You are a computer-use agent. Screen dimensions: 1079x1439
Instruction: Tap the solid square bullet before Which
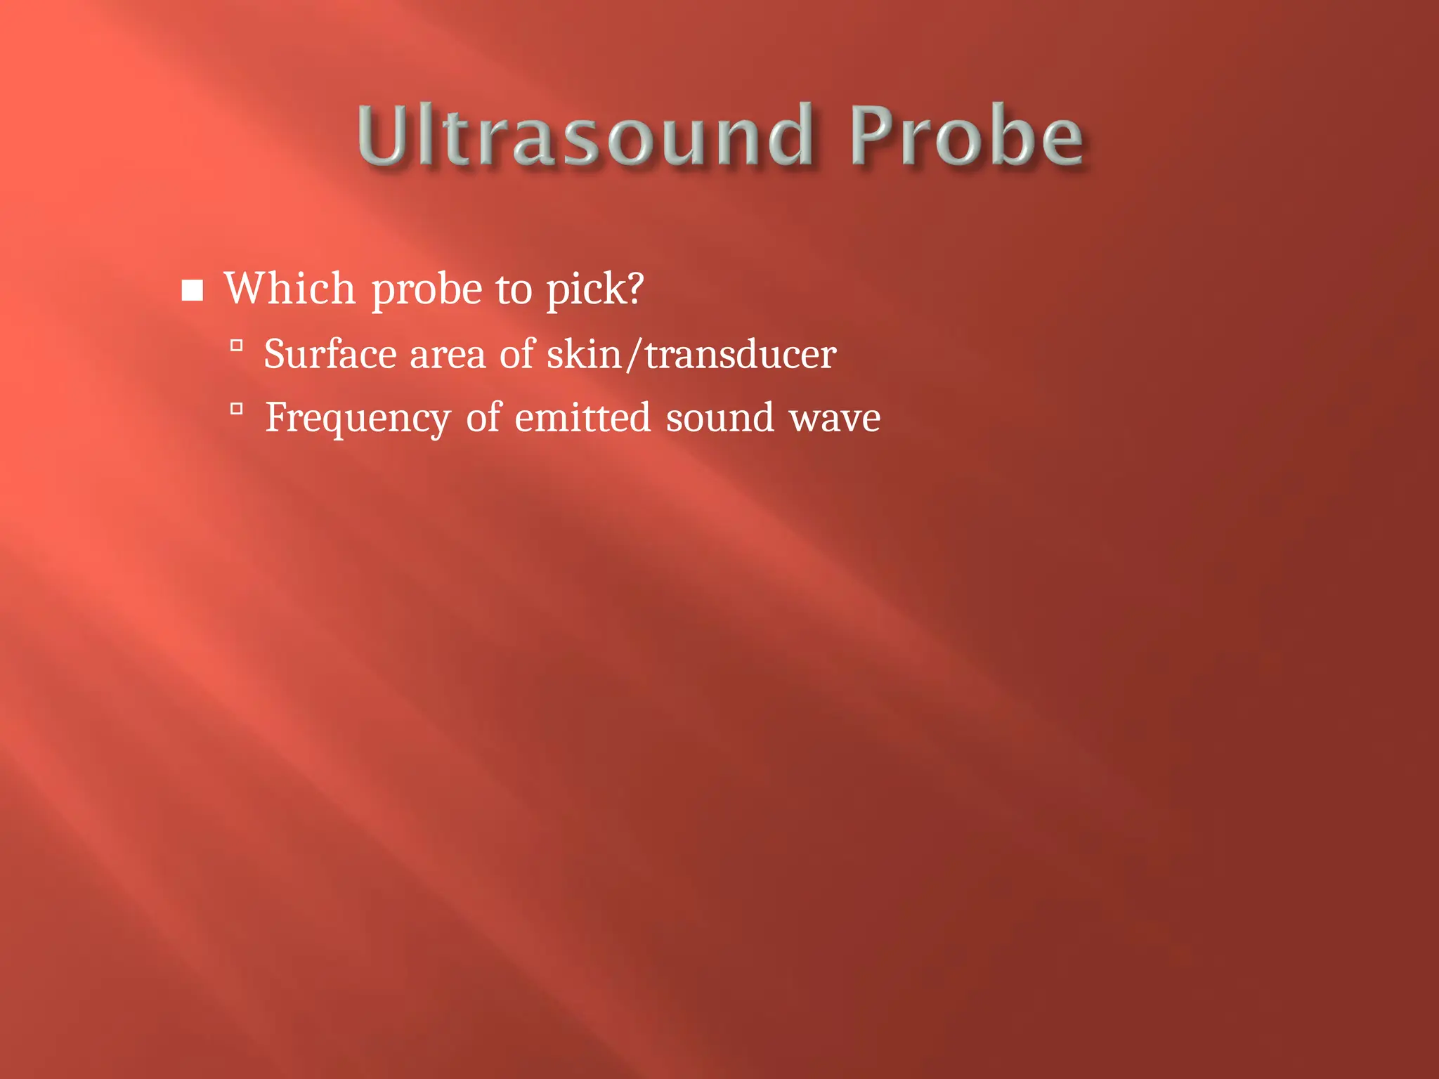(192, 290)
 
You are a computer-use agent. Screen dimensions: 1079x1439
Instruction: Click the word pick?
(594, 289)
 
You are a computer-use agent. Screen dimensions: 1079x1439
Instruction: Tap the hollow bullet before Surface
(237, 345)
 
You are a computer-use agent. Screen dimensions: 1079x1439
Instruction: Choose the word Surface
(329, 353)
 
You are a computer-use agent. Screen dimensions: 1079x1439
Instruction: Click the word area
(447, 355)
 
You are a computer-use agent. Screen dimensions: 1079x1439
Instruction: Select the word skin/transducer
(691, 354)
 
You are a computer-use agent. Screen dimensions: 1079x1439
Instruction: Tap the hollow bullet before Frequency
(237, 408)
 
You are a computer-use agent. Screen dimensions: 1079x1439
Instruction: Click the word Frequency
(357, 419)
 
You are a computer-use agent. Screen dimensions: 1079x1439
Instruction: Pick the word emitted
(582, 417)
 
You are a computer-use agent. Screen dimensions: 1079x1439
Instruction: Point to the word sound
(719, 418)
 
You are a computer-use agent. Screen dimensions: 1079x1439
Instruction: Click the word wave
(834, 419)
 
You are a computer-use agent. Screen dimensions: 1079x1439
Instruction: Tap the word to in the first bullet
(514, 289)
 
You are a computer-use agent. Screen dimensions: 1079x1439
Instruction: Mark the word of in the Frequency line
(483, 417)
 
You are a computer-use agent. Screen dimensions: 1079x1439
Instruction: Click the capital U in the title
(383, 135)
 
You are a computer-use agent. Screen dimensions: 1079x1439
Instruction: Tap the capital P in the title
(873, 135)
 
